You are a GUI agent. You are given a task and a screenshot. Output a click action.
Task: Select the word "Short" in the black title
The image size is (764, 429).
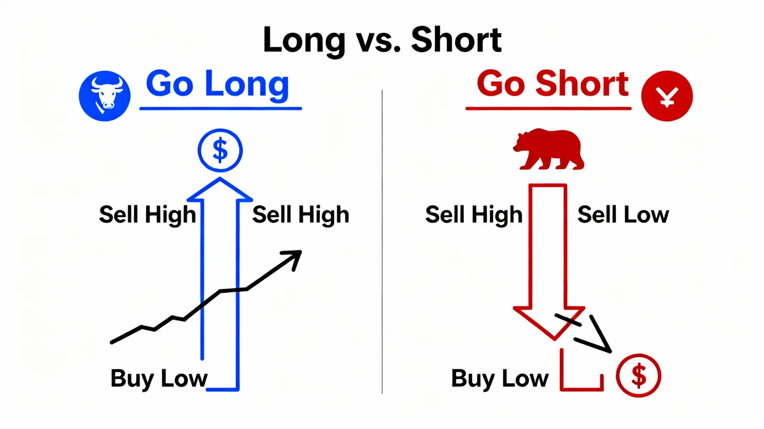click(x=456, y=40)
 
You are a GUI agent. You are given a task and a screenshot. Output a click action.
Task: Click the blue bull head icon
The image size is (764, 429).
click(x=105, y=96)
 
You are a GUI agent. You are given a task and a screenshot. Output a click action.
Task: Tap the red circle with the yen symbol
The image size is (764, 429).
click(x=667, y=96)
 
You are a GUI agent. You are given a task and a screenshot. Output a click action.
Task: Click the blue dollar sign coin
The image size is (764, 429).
click(x=220, y=150)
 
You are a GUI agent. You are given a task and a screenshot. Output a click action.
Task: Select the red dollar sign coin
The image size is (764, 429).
click(x=638, y=375)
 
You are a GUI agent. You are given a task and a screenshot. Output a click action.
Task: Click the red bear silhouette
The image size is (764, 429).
click(x=549, y=149)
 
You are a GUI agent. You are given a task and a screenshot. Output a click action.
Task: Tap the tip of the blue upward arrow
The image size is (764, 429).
click(x=220, y=178)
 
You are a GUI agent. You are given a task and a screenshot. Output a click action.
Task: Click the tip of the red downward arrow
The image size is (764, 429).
click(x=554, y=339)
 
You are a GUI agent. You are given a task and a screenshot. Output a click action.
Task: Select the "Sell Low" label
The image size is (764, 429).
click(x=623, y=215)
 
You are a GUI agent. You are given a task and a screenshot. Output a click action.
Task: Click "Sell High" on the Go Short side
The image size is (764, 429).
click(x=474, y=215)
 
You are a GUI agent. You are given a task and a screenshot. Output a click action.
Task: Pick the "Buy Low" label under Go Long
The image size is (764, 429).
click(x=159, y=379)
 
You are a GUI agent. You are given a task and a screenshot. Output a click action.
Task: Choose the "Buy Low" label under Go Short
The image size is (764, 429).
click(x=500, y=379)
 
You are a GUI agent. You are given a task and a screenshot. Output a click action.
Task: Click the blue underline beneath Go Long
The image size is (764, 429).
click(x=221, y=109)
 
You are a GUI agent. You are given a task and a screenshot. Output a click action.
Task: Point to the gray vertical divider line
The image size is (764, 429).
click(x=382, y=242)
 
